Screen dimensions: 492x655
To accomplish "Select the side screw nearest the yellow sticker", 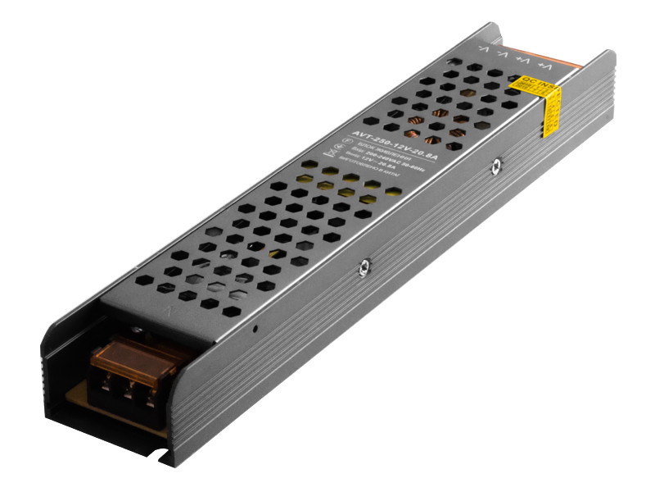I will (x=495, y=167).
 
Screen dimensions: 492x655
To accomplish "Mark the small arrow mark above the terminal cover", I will (x=168, y=312).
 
